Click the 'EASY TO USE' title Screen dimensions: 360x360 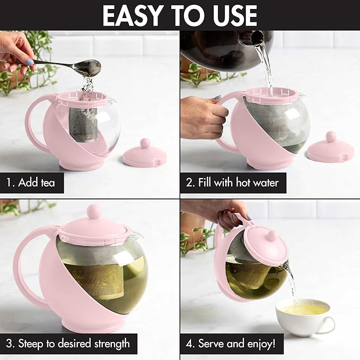point(180,15)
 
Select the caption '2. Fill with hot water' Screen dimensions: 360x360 point(232,183)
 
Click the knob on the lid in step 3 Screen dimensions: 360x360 point(94,212)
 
